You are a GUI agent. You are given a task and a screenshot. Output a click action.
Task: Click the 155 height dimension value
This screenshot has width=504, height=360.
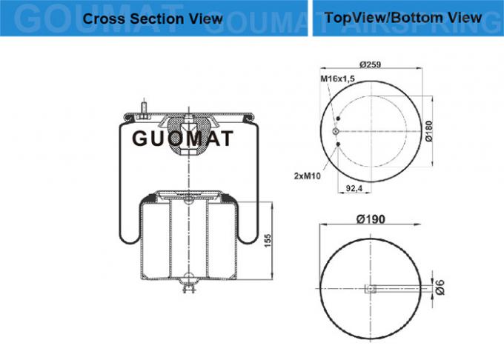click(269, 241)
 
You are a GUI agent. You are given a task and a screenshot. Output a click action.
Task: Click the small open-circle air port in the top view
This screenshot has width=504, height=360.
click(337, 133)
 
